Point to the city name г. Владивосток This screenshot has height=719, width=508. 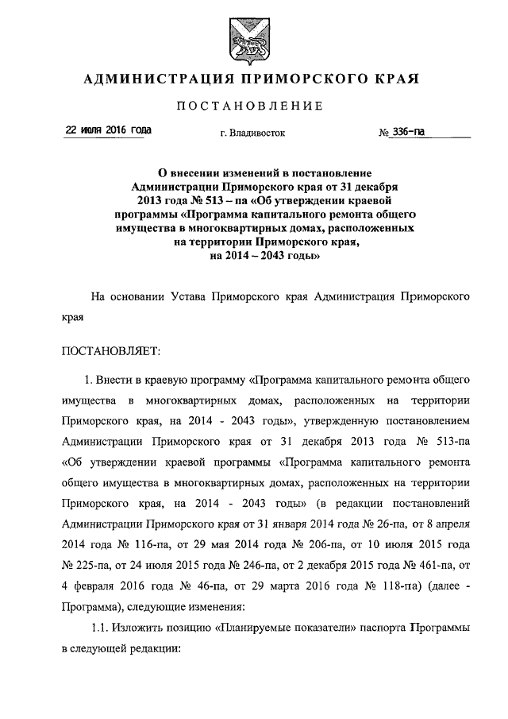tap(252, 134)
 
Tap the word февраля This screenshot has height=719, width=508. tap(94, 586)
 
